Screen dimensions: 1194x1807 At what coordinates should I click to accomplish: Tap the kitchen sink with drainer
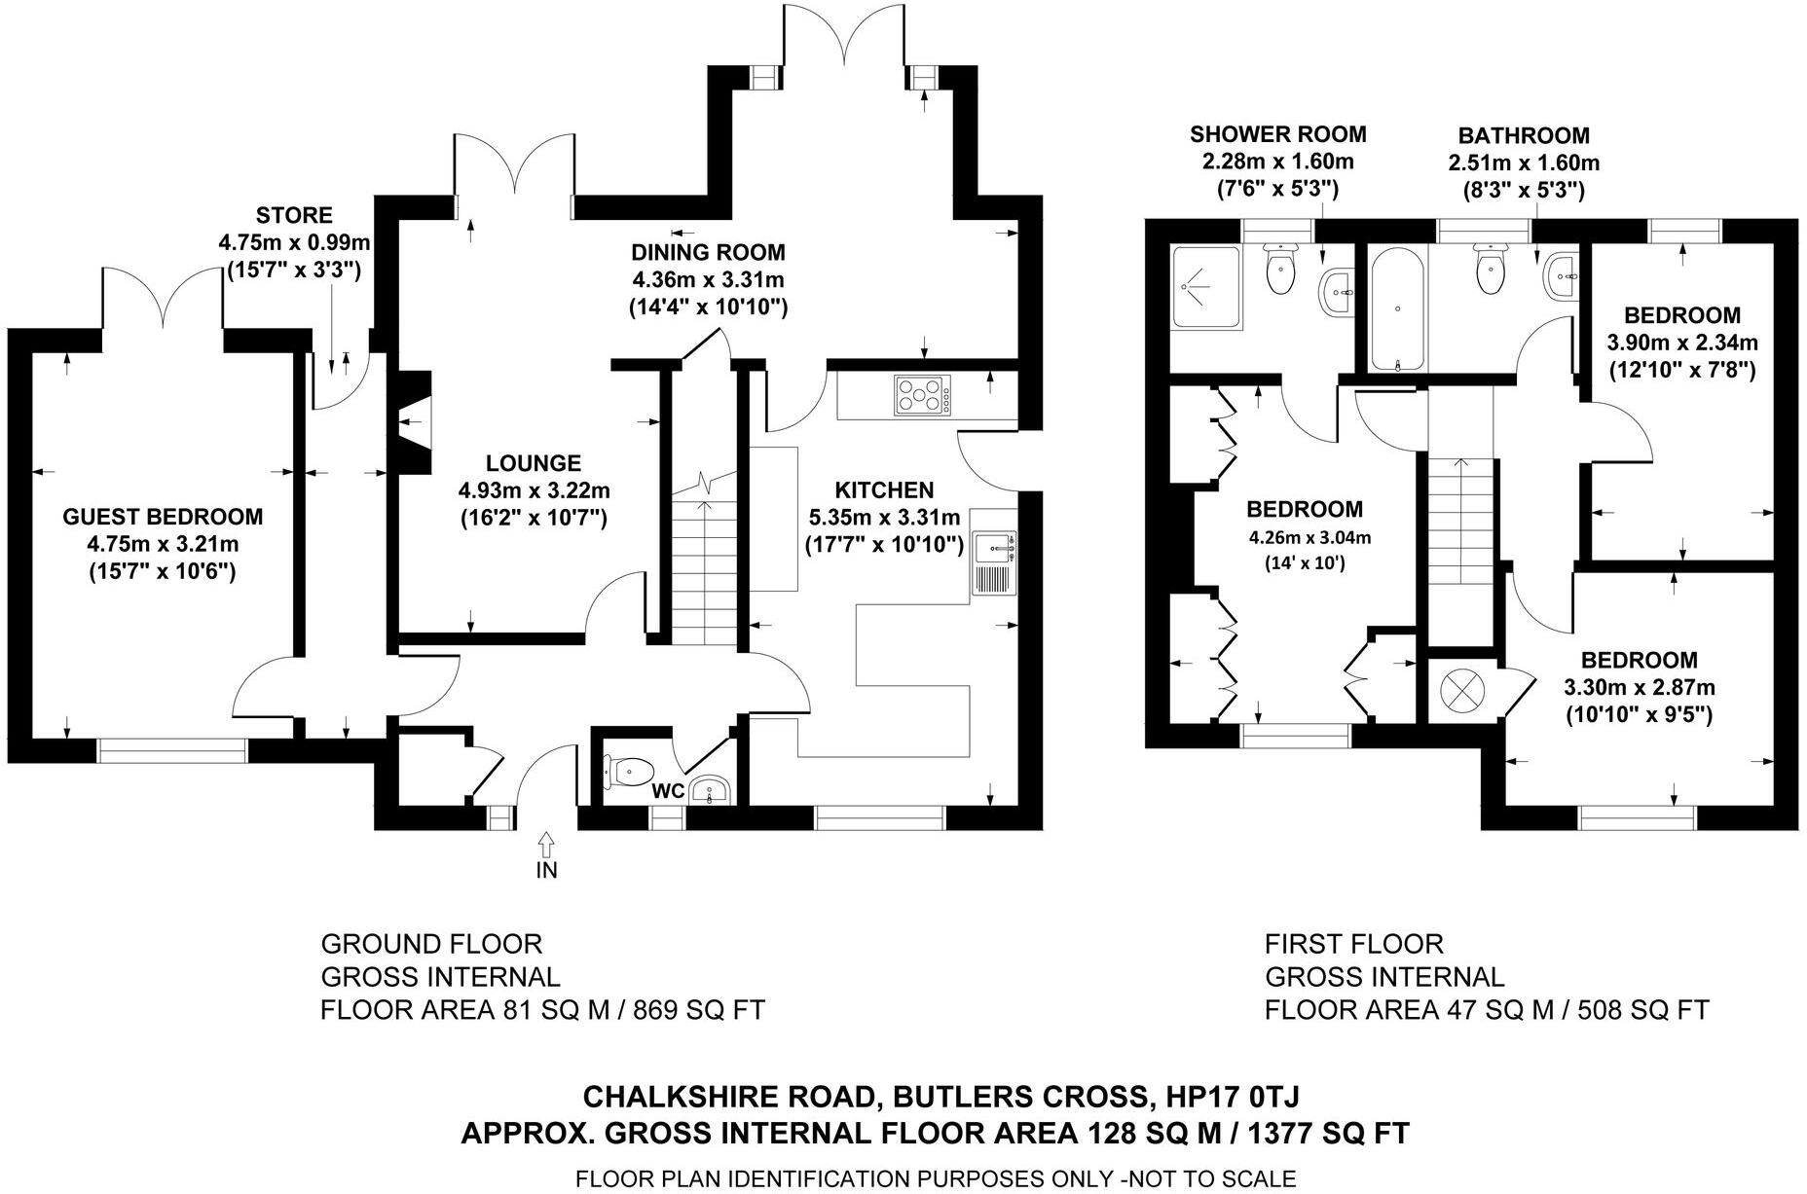click(x=993, y=563)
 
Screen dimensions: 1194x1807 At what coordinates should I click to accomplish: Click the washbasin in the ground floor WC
click(x=711, y=790)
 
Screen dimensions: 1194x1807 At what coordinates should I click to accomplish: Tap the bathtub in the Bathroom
click(x=1398, y=308)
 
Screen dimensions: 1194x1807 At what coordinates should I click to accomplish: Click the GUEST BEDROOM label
click(x=163, y=517)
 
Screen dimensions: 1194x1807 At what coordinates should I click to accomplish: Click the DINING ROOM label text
click(x=708, y=253)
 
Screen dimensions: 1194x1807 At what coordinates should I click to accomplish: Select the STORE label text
click(x=294, y=215)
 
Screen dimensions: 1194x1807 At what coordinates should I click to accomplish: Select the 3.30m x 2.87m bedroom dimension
click(x=1639, y=687)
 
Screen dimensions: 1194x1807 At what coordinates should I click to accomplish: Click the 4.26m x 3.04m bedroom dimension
click(x=1304, y=537)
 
